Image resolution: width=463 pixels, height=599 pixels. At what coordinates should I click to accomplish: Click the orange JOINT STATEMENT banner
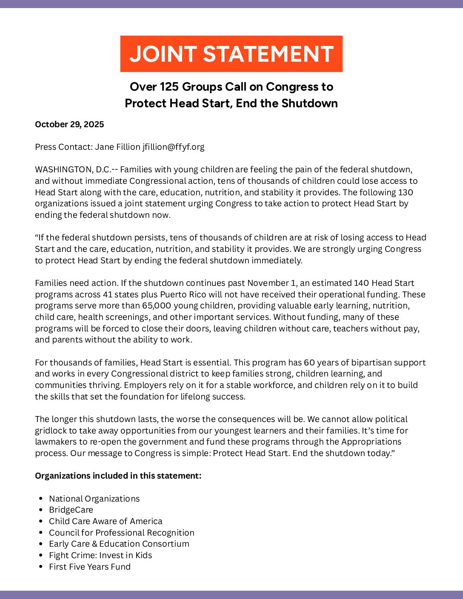tap(231, 54)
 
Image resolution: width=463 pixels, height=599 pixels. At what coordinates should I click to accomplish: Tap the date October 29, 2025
tap(69, 124)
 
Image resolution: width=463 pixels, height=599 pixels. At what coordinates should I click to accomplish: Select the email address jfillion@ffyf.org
tap(173, 147)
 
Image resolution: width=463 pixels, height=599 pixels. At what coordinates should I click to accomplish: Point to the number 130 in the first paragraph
tap(405, 192)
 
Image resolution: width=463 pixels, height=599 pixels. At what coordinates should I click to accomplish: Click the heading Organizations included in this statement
tap(118, 476)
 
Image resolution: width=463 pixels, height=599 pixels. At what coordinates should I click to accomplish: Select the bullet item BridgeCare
tap(71, 510)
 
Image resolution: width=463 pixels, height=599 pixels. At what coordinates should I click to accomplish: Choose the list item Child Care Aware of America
tap(106, 521)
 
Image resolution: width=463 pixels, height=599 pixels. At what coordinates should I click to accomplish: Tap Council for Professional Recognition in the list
tap(121, 533)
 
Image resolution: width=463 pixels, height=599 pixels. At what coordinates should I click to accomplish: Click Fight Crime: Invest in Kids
tap(100, 555)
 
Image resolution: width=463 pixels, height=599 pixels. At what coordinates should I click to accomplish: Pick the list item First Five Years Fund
tap(89, 567)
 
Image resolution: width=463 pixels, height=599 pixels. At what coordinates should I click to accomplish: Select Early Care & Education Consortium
tap(119, 544)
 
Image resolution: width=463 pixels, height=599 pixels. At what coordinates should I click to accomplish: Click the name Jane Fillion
tap(117, 147)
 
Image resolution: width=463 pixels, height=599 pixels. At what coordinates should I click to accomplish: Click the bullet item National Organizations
tap(94, 499)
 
